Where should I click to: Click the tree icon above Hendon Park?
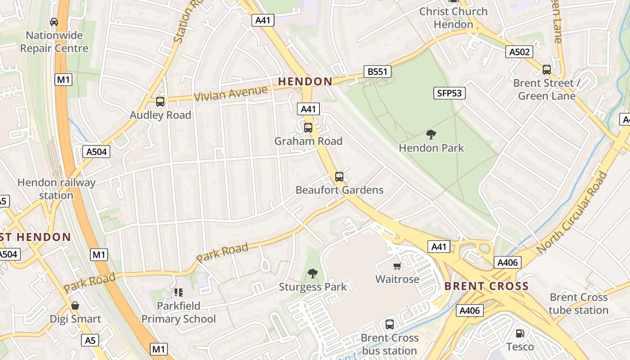[431, 134]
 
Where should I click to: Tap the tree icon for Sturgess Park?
[312, 273]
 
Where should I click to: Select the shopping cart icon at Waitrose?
[397, 266]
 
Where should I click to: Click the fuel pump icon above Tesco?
[520, 333]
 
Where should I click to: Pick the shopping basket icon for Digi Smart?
[75, 306]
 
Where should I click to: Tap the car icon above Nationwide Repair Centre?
[54, 22]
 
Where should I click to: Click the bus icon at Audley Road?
[160, 101]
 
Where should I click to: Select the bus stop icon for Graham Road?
[308, 127]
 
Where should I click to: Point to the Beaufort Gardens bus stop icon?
[339, 176]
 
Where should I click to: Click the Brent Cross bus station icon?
[390, 324]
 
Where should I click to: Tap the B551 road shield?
[377, 72]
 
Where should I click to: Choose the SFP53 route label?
[450, 93]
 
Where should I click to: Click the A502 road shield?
[519, 52]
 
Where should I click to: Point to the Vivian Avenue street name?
[230, 93]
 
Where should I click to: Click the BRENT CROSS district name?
[486, 286]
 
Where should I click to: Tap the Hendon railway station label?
[56, 189]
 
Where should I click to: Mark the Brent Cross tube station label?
[579, 304]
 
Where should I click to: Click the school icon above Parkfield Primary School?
[179, 292]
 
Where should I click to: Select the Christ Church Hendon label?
[453, 18]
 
